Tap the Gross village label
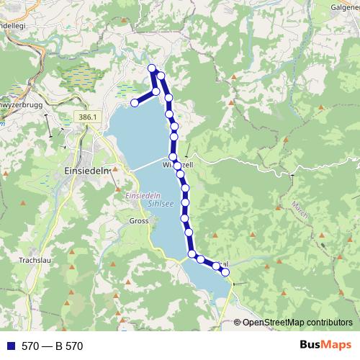[139, 221]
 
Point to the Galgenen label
[345, 6]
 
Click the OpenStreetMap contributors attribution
[297, 323]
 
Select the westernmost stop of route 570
[134, 103]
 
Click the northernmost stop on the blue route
[152, 68]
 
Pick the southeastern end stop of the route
[225, 272]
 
